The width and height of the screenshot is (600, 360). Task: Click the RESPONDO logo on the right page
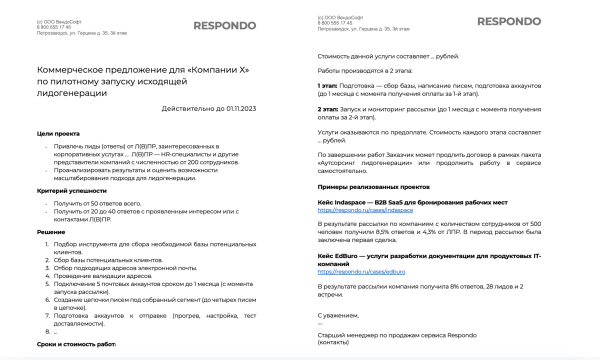point(511,22)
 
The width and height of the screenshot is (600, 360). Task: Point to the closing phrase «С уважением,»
point(339,314)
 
